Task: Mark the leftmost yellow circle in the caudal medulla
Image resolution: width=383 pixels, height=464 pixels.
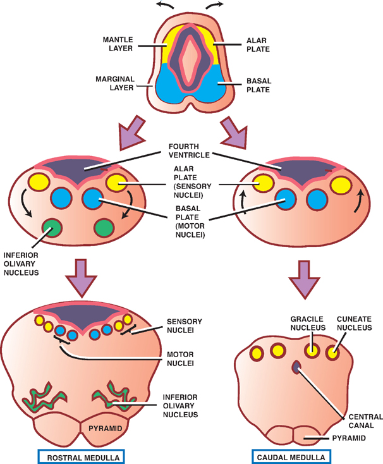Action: click(x=253, y=351)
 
